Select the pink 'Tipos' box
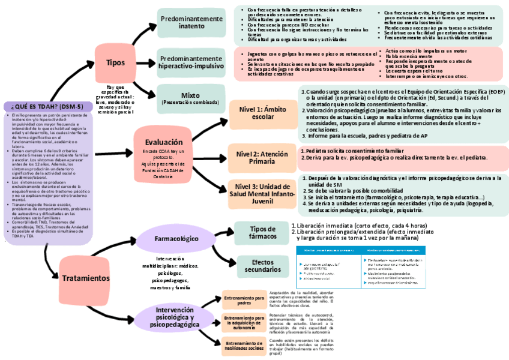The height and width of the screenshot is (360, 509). tap(116, 62)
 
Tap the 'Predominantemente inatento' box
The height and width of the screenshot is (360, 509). tap(191, 23)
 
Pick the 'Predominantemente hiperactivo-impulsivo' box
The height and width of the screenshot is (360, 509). tap(191, 62)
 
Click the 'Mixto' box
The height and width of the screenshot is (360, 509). tap(191, 98)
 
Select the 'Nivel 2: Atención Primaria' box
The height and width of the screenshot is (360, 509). tap(262, 158)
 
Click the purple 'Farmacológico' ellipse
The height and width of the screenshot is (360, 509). tap(176, 239)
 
